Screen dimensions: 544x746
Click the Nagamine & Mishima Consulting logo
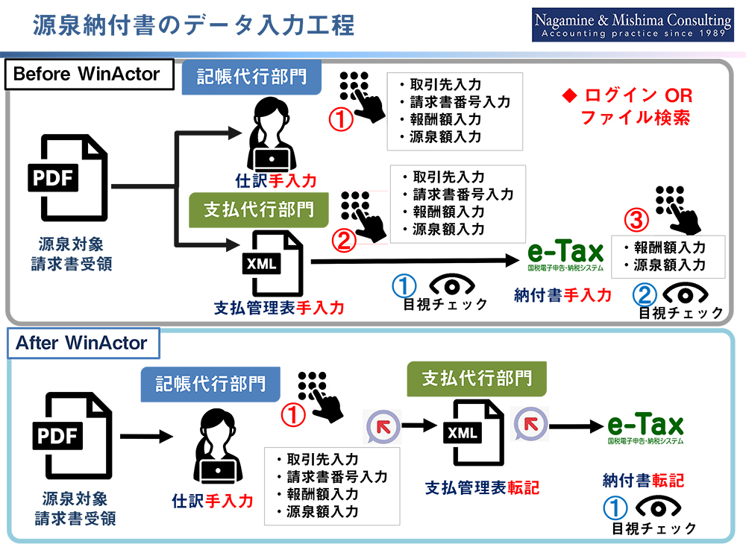pyautogui.click(x=633, y=26)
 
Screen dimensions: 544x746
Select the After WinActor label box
pyautogui.click(x=82, y=344)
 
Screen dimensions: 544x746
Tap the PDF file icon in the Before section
pyautogui.click(x=69, y=179)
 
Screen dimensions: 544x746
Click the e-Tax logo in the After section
pyautogui.click(x=645, y=428)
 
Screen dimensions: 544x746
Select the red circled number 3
pyautogui.click(x=636, y=221)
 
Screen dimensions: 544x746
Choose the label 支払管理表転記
pyautogui.click(x=482, y=488)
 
